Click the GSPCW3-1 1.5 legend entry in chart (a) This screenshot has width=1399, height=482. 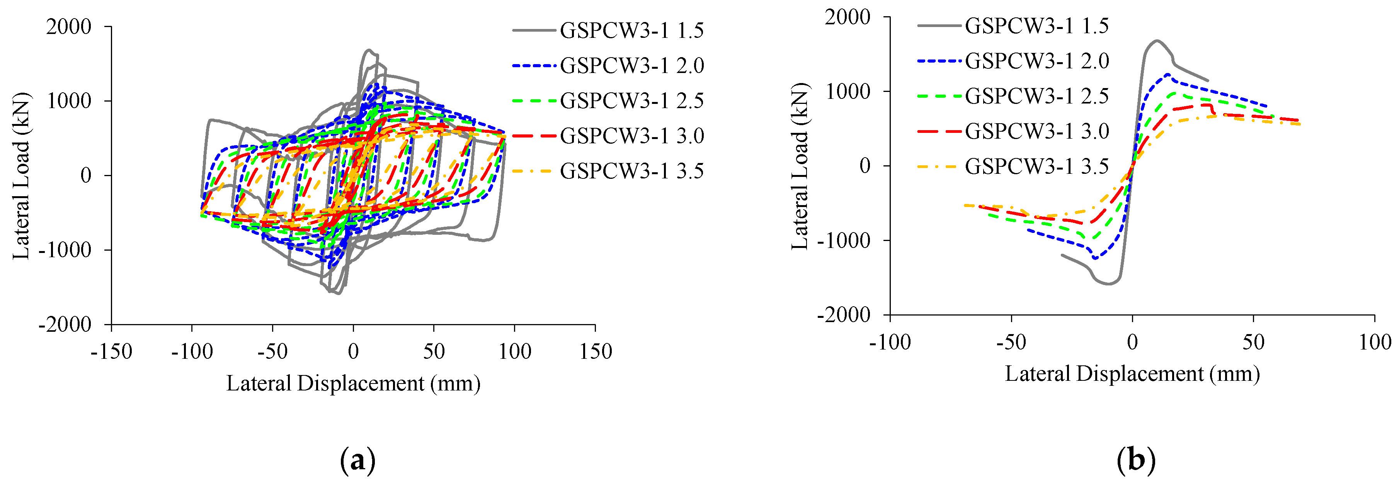click(631, 31)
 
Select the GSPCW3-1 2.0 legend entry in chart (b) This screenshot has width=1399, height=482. click(1036, 61)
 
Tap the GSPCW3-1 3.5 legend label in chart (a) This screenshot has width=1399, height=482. click(631, 171)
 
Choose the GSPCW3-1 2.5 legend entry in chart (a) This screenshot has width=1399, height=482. click(631, 100)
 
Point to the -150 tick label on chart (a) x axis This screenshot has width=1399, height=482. click(111, 352)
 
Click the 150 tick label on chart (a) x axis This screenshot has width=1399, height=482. click(595, 352)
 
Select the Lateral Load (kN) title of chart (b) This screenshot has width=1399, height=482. click(800, 166)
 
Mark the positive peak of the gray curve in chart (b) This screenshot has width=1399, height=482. click(1156, 40)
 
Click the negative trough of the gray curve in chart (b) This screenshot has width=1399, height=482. click(1108, 284)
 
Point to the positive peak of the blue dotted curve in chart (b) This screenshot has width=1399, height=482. click(1167, 75)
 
